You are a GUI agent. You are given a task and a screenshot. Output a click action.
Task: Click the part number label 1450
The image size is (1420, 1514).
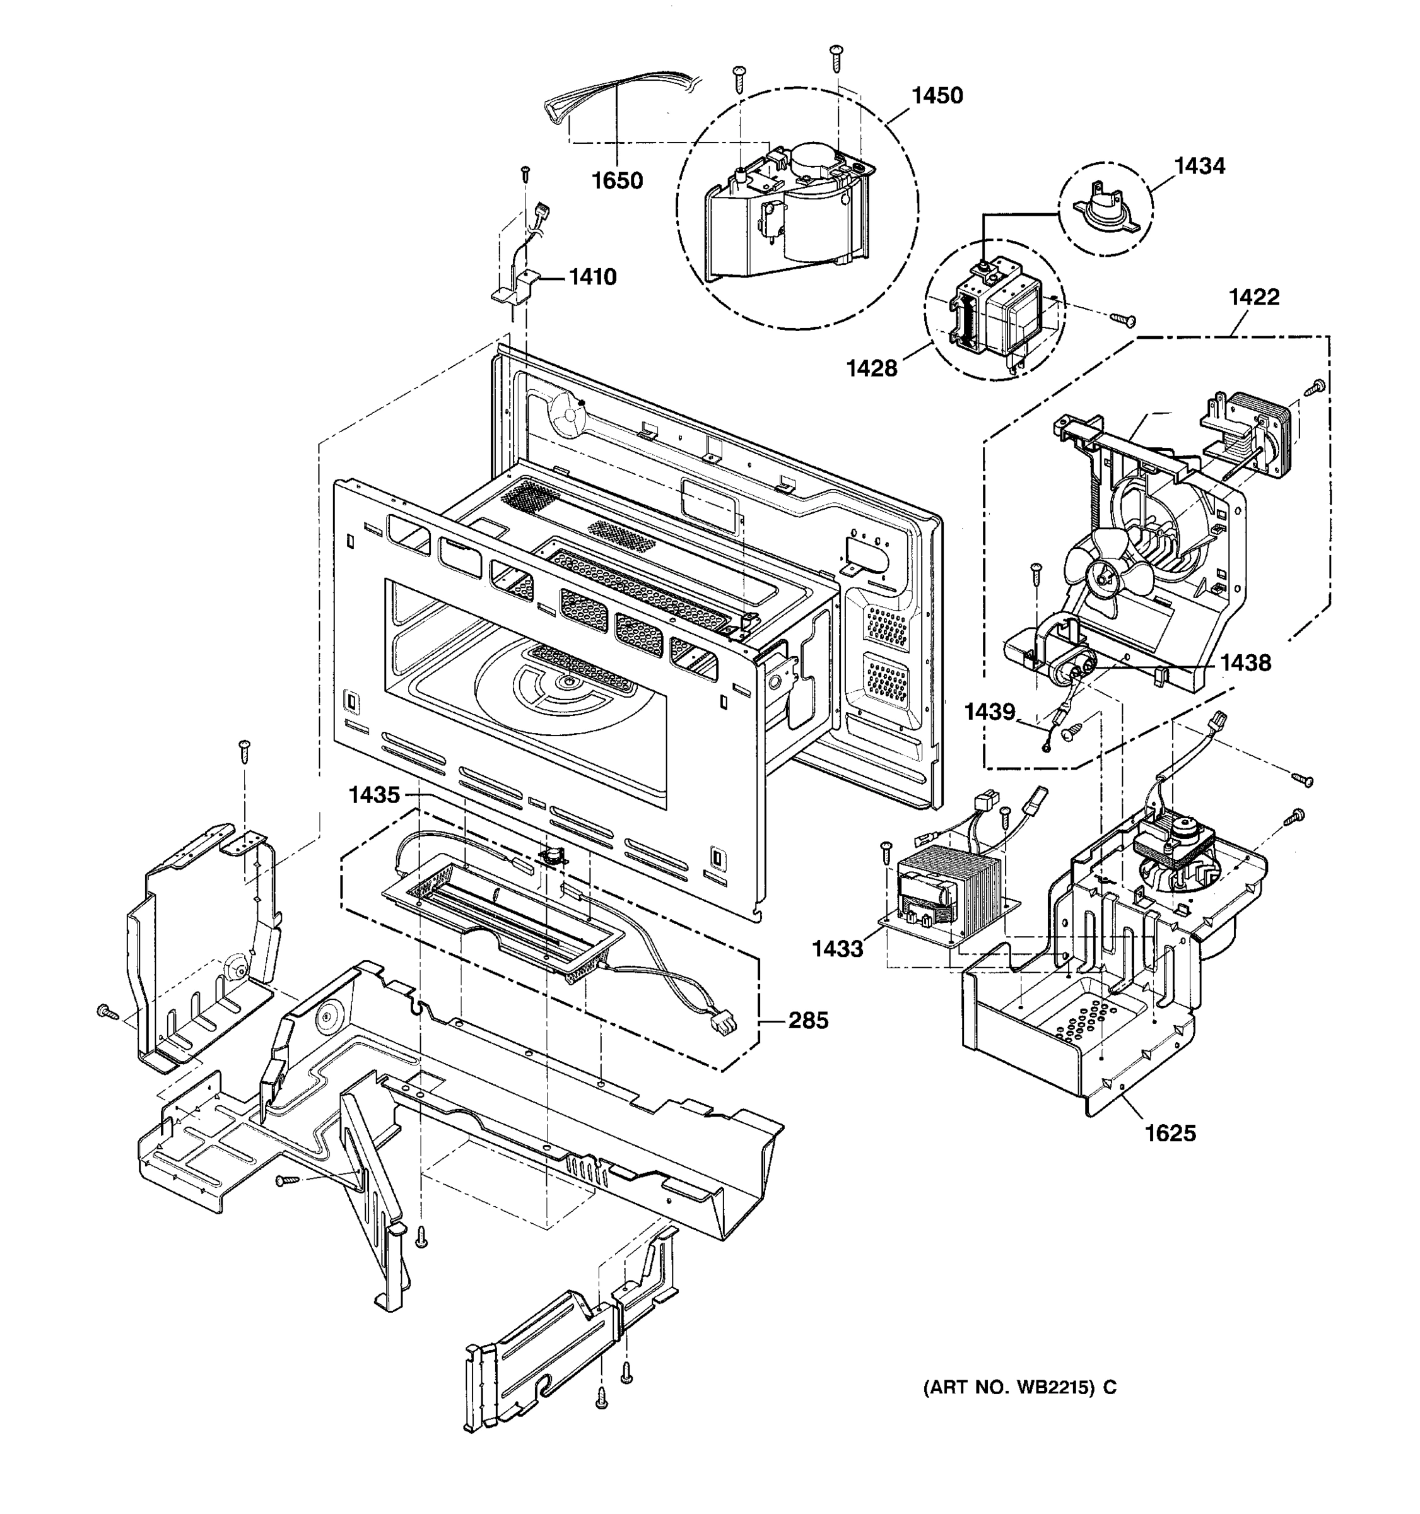coord(937,96)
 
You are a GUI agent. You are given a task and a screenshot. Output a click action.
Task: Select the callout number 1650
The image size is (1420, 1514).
coord(617,180)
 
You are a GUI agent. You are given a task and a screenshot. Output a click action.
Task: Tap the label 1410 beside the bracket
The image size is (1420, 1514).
coord(592,276)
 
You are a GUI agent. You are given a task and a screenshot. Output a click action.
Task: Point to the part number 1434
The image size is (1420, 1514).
coord(1199,166)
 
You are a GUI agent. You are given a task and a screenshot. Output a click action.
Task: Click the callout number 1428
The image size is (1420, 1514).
coord(872,368)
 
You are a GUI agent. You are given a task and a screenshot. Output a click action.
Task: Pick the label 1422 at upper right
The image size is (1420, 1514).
coord(1253,297)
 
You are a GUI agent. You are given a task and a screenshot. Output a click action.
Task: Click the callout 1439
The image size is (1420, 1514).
coord(989,712)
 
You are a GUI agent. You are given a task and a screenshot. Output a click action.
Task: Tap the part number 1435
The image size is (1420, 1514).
coord(374,795)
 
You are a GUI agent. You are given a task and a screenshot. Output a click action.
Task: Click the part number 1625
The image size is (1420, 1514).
coord(1170,1154)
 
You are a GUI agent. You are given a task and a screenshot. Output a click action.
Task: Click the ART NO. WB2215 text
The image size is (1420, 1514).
coord(1019,1387)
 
